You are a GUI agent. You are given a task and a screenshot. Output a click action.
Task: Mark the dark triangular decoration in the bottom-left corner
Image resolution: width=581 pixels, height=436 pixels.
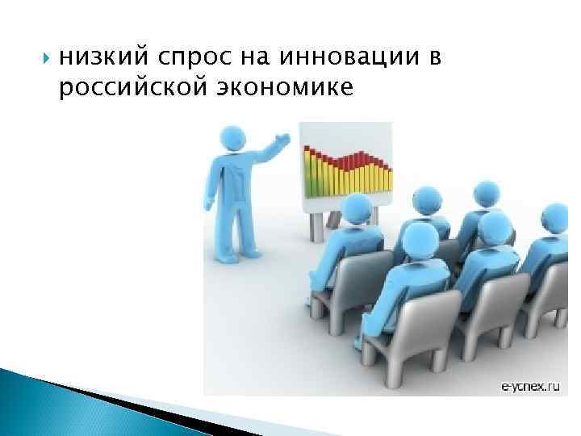tap(81, 404)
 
